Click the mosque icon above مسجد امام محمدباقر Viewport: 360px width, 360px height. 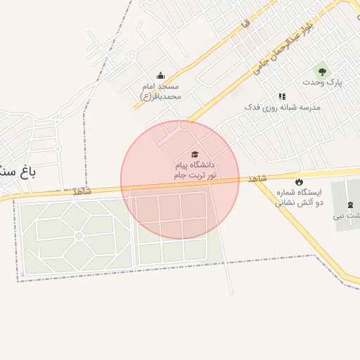tap(160, 76)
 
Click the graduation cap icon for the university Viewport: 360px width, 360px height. tap(195, 155)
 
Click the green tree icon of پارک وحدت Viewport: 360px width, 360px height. tap(322, 71)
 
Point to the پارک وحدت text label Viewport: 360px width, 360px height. tap(322, 83)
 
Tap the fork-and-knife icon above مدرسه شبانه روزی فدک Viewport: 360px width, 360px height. tap(282, 96)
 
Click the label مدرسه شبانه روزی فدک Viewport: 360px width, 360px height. tap(282, 108)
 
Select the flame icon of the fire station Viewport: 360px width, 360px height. tap(299, 181)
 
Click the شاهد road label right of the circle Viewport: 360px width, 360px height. tap(257, 179)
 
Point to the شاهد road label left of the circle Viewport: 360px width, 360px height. tap(82, 191)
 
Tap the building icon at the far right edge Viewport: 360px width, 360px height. tap(350, 205)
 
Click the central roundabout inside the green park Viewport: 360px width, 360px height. tap(79, 235)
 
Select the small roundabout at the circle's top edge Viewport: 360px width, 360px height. tap(184, 125)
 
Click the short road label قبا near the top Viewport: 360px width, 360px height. tap(245, 24)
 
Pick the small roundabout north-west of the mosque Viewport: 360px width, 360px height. tap(131, 56)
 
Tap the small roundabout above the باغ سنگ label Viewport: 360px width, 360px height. tap(57, 149)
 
